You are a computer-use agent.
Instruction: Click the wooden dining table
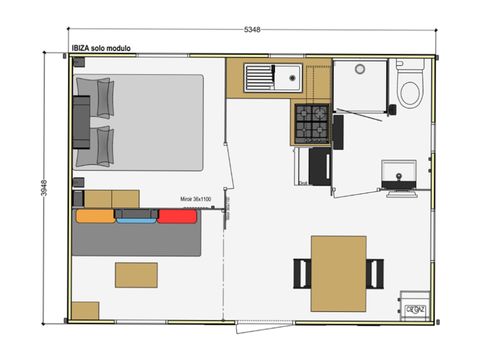[337, 271]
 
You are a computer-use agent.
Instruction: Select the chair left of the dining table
[301, 271]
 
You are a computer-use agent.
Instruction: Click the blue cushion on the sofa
[133, 215]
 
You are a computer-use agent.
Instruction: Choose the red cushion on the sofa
[176, 215]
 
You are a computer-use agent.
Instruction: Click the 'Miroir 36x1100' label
[195, 199]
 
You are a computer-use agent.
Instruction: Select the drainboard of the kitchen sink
[261, 75]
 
